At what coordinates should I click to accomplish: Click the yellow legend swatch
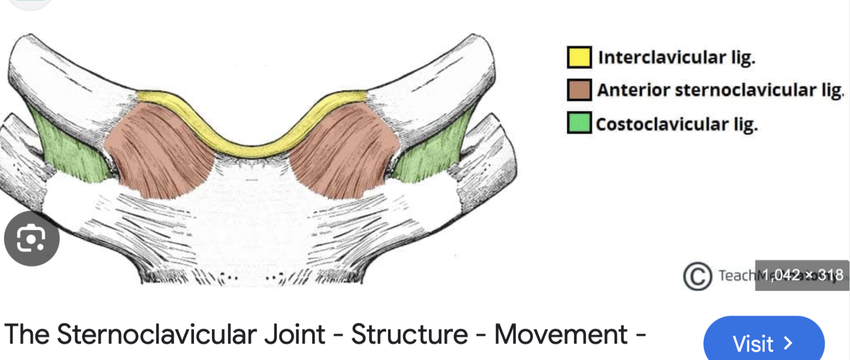pos(579,57)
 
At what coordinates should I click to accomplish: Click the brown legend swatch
pos(579,90)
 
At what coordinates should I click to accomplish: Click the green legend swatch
pos(579,123)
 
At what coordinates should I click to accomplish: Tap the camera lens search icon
pos(31,239)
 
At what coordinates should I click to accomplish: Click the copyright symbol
pos(697,276)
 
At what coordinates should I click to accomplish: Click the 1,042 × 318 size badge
pos(802,275)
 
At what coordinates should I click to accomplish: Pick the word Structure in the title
pos(409,334)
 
